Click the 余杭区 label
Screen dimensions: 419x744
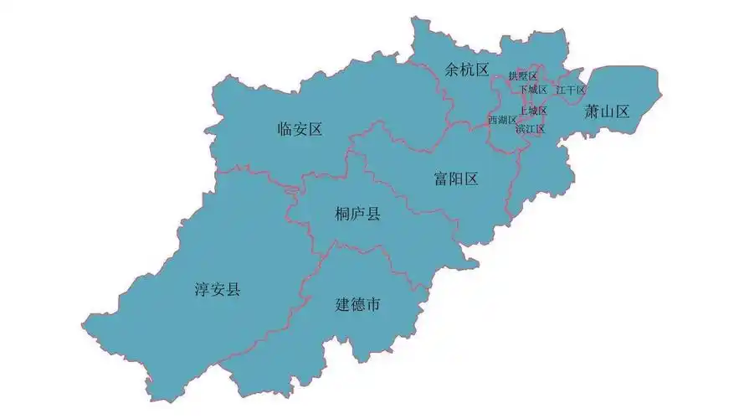point(467,70)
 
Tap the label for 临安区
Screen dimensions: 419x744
point(299,129)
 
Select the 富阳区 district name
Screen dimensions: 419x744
point(455,178)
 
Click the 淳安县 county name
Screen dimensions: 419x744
point(218,291)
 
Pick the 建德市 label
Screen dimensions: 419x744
point(357,304)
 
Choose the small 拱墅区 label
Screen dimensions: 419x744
point(523,76)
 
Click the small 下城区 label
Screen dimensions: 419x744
point(533,89)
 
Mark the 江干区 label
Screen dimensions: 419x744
point(571,90)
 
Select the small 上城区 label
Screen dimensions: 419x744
point(533,111)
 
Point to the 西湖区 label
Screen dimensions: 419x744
point(502,120)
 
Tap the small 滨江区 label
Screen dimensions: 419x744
point(531,129)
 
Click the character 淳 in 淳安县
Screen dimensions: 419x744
point(202,291)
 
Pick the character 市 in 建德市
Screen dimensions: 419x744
point(373,304)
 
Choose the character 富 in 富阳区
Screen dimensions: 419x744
point(440,178)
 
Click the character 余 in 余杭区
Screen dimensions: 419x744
point(452,70)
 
